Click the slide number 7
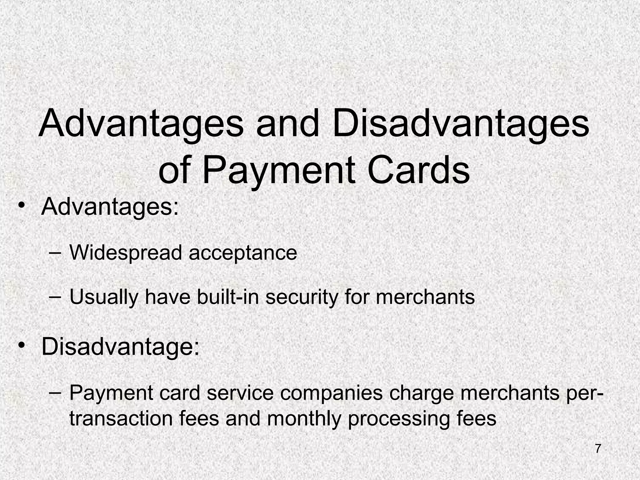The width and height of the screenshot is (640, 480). pyautogui.click(x=598, y=449)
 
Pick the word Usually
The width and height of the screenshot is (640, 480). pyautogui.click(x=103, y=297)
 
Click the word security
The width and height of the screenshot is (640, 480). pyautogui.click(x=302, y=297)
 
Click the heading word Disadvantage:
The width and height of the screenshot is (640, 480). pyautogui.click(x=120, y=346)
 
